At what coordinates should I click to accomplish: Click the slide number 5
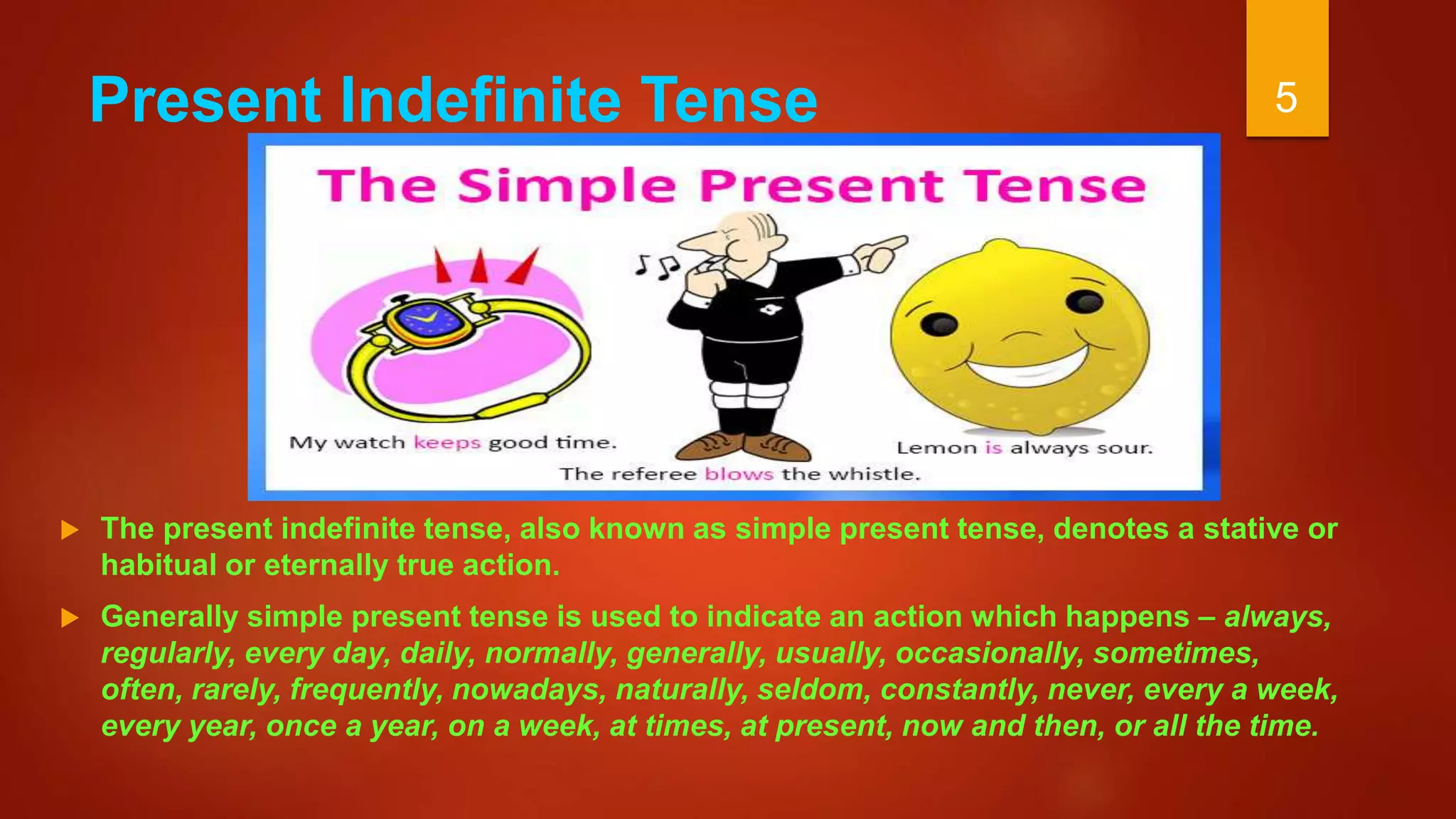1286,97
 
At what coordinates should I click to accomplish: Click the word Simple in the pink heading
566,186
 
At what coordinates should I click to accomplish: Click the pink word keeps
447,443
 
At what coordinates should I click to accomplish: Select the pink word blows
739,474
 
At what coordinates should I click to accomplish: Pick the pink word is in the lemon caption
993,448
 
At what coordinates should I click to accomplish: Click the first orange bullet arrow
70,530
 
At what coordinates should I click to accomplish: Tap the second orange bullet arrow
70,618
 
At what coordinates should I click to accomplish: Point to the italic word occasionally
990,653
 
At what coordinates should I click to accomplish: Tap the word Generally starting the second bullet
169,617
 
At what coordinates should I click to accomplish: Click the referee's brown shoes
743,447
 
